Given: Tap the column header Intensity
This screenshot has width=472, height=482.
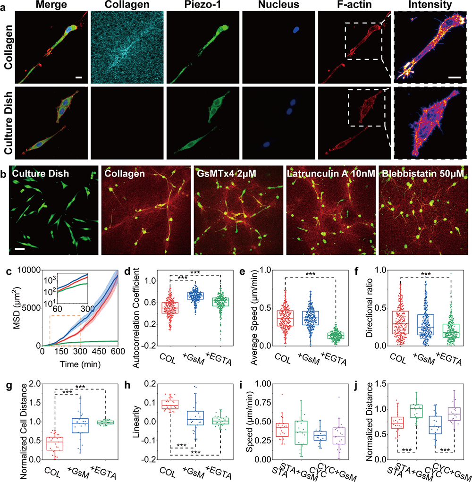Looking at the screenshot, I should tap(430, 5).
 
